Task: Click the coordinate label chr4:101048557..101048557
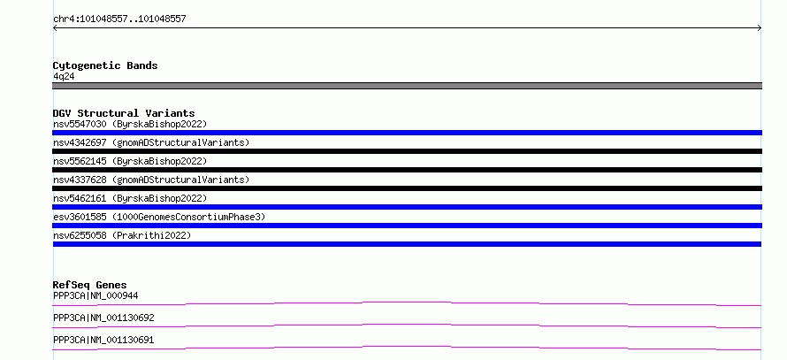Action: [119, 19]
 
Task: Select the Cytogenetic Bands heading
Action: [105, 65]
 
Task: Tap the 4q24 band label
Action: [65, 77]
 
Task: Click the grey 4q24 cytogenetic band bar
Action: [407, 86]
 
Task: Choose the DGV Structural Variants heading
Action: [124, 113]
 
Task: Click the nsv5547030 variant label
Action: [130, 124]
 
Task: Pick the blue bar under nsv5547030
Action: [407, 133]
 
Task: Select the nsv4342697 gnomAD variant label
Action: [151, 142]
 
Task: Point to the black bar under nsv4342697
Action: [407, 151]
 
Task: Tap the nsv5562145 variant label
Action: [130, 161]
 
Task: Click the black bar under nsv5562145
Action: [407, 170]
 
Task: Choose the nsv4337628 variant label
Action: [151, 180]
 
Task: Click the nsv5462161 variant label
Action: [130, 198]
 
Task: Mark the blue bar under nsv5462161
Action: [407, 207]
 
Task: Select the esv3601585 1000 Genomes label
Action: [159, 217]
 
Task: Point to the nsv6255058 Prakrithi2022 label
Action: [122, 235]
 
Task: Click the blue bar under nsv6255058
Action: [407, 244]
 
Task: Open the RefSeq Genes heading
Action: [90, 285]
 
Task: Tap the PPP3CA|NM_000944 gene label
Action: [96, 295]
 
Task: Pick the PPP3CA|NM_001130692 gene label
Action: [103, 318]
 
